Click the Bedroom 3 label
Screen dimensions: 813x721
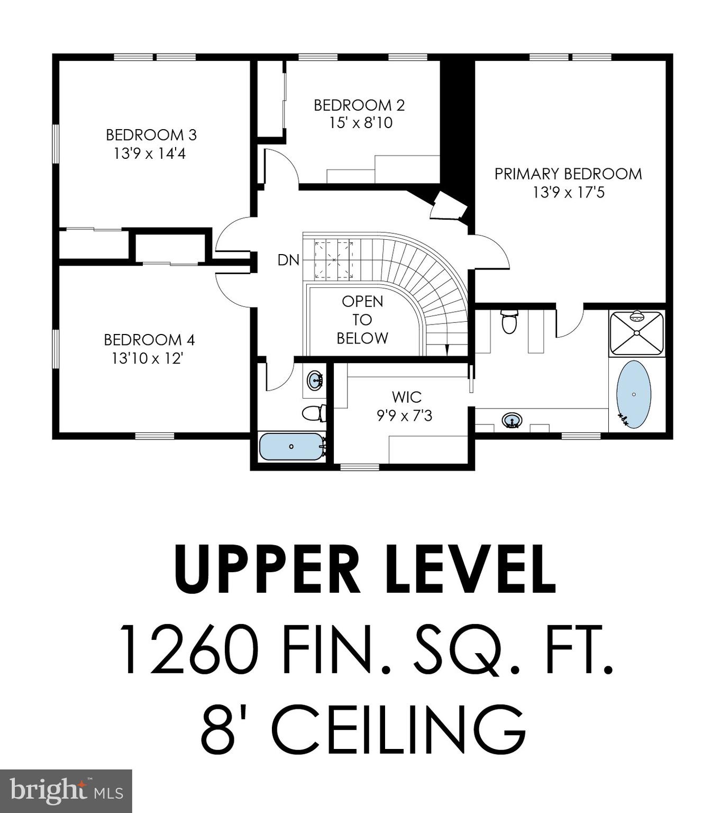(151, 135)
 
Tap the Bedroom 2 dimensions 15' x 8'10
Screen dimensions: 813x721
(361, 123)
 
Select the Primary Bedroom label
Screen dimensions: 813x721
(568, 174)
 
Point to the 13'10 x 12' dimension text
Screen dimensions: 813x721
(148, 358)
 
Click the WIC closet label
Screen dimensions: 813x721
(407, 396)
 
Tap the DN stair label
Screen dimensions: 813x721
(288, 260)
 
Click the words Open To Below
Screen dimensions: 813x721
(362, 319)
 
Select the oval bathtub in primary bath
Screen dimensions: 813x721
(633, 394)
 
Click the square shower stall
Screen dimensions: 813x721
(636, 333)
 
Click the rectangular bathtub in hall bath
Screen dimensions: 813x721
(291, 446)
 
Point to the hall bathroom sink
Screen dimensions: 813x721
(315, 380)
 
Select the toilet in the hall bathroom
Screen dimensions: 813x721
(314, 413)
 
